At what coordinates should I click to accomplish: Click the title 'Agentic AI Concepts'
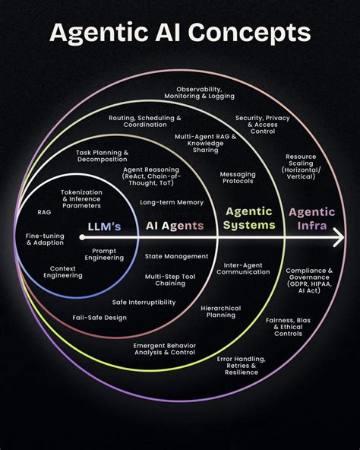[180, 33]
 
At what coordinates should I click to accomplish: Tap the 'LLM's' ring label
[104, 227]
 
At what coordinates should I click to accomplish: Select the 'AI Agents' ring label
[175, 226]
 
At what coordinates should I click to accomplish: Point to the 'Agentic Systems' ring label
[249, 218]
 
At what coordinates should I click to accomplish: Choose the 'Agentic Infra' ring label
[312, 219]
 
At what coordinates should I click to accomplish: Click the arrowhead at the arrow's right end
[340, 237]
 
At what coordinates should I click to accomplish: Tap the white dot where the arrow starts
[82, 237]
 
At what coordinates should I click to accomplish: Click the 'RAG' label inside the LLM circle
[44, 212]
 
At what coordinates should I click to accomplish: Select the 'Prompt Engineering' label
[104, 255]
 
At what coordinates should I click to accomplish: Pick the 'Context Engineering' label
[63, 272]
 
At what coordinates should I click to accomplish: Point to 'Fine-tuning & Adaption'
[45, 239]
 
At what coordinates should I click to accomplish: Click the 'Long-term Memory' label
[172, 202]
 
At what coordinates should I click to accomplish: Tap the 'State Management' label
[176, 256]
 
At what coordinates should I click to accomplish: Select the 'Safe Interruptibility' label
[144, 303]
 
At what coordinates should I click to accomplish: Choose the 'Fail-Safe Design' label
[99, 318]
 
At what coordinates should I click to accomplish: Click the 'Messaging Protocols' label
[238, 178]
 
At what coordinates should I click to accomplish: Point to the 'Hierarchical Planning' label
[221, 312]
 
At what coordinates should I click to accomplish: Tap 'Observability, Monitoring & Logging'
[199, 93]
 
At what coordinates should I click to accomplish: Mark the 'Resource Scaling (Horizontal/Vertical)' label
[301, 166]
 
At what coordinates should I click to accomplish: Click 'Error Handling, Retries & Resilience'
[242, 366]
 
